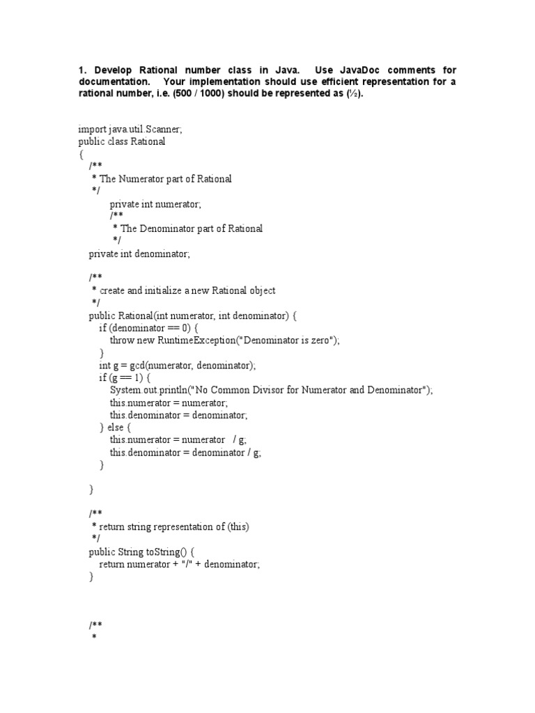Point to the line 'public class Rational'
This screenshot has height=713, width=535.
(122, 141)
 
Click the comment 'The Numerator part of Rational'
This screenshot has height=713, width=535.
(166, 179)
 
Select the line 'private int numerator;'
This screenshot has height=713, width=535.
(155, 204)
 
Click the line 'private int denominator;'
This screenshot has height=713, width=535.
(139, 254)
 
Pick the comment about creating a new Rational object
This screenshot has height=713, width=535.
(187, 290)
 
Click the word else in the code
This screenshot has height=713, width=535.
(117, 428)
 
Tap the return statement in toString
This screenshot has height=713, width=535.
(179, 565)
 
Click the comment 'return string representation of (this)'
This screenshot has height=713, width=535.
(174, 527)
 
